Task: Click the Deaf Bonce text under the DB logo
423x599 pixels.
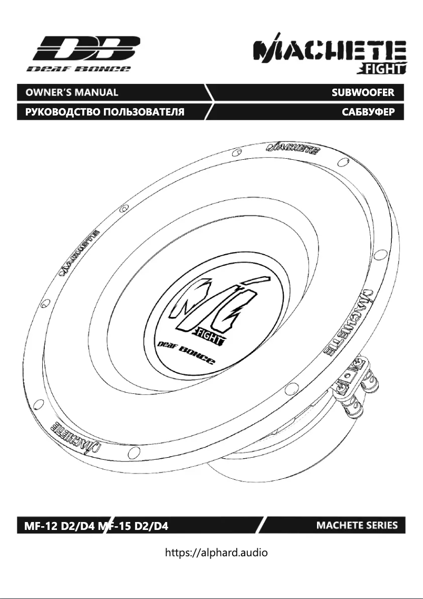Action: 79,69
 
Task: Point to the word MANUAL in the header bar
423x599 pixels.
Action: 98,92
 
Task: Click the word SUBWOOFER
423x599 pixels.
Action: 362,92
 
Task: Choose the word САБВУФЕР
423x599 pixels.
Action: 366,112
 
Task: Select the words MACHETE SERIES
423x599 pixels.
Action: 357,525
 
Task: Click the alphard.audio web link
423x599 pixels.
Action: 217,553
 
